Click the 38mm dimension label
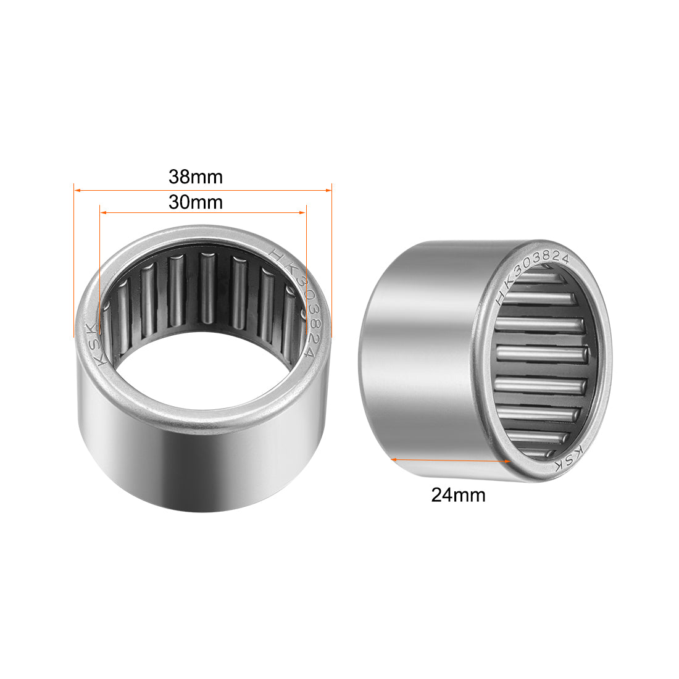195,177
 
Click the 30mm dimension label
195,202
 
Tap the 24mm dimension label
458,495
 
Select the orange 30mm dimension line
247,212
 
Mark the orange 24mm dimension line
451,460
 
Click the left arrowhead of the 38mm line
76,191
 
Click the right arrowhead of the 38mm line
330,191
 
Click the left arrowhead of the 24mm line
394,459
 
